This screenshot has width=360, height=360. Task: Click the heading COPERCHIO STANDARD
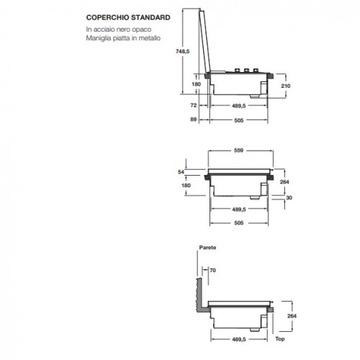coord(128,17)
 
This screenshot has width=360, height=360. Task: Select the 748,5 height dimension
coord(183,51)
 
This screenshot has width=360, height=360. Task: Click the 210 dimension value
coord(286,86)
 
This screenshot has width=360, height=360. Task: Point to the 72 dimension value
coord(194,105)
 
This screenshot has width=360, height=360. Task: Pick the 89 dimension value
coord(194,120)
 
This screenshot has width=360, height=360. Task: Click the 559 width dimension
coord(238,150)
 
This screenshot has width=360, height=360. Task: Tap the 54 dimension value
coord(181,172)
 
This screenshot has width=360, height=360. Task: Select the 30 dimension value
coord(289,197)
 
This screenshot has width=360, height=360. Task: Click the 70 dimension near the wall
coord(212,270)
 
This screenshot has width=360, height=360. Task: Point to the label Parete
coord(207,248)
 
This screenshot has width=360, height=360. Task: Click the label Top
coord(280,339)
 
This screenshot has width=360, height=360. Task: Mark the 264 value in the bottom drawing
coord(292,316)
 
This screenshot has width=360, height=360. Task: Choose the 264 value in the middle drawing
coord(284,182)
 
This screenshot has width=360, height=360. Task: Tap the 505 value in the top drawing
coord(239,120)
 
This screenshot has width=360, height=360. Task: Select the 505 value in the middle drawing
coord(239,223)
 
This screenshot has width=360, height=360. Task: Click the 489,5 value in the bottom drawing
coord(239,339)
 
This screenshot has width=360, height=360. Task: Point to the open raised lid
coord(204,41)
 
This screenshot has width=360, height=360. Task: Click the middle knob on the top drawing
coord(246,71)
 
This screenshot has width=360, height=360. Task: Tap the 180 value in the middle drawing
coord(186,185)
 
